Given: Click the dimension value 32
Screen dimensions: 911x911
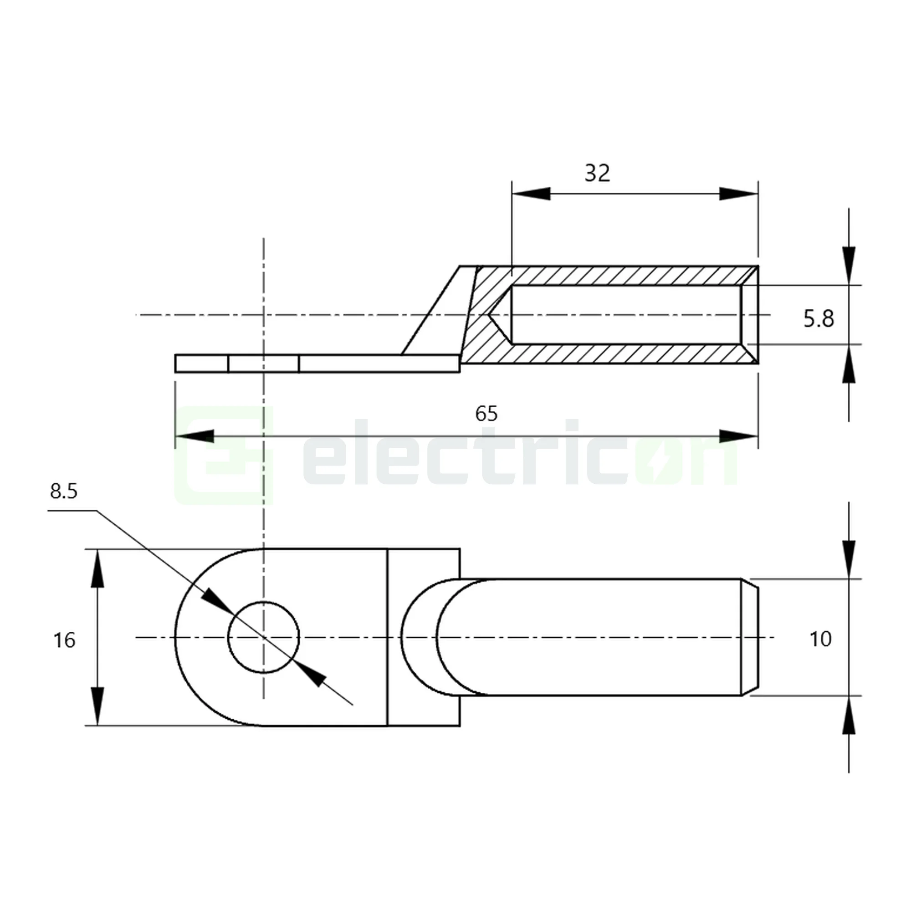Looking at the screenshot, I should point(597,174).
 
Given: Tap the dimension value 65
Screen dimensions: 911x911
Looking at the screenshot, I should point(486,414).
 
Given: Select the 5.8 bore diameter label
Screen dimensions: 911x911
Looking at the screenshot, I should point(819,319).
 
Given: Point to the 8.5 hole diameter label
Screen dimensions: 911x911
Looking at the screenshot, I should point(64,491).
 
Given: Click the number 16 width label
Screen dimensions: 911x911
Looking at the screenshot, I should point(64,640).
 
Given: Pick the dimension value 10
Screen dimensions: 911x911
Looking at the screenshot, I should point(820,640).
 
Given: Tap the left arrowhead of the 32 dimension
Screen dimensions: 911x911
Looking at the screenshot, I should point(531,193).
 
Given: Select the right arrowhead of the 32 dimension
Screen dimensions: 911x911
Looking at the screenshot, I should point(739,193).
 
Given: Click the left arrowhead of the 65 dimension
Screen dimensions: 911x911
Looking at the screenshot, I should point(194,436).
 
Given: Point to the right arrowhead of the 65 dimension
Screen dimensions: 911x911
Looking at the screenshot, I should point(739,436).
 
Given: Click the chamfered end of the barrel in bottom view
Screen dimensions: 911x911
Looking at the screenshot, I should point(750,637).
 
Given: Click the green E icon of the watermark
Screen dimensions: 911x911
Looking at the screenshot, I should point(224,455).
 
